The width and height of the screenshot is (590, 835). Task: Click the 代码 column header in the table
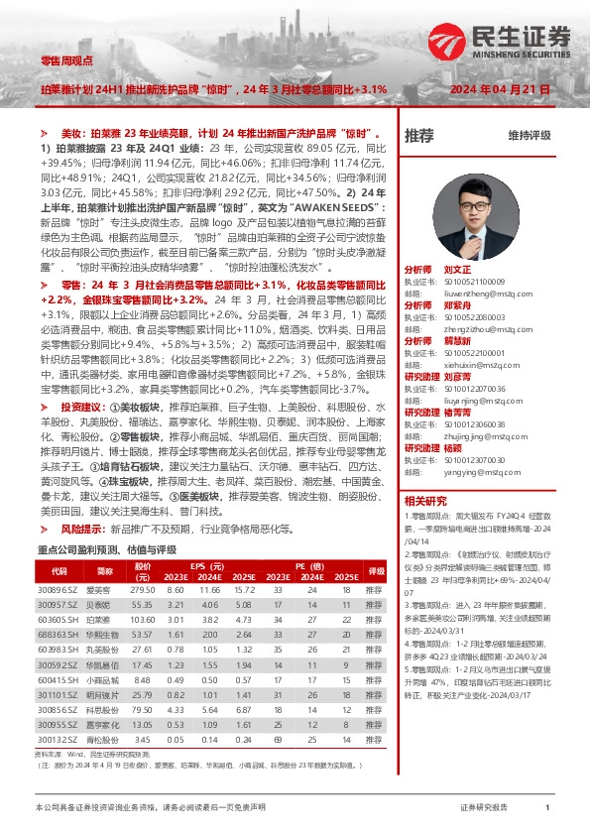tap(59, 572)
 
